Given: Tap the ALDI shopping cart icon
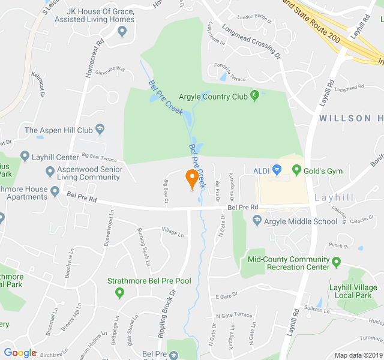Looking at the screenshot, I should tap(277, 170).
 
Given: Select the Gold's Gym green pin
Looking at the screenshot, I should tap(296, 171).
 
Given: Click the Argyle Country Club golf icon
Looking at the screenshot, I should tap(255, 95).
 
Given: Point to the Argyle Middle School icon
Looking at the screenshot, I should tap(257, 221).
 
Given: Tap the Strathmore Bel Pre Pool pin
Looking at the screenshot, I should tap(119, 292).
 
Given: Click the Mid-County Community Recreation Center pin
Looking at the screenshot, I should tap(336, 262).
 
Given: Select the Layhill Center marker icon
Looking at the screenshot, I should tap(25, 157).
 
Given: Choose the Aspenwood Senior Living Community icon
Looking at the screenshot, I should tap(51, 172).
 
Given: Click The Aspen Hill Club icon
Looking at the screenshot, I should tap(100, 130).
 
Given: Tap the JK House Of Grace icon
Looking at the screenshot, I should tap(123, 31).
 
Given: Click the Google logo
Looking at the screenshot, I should tap(20, 353).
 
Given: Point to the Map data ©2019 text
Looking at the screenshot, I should tap(357, 355).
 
